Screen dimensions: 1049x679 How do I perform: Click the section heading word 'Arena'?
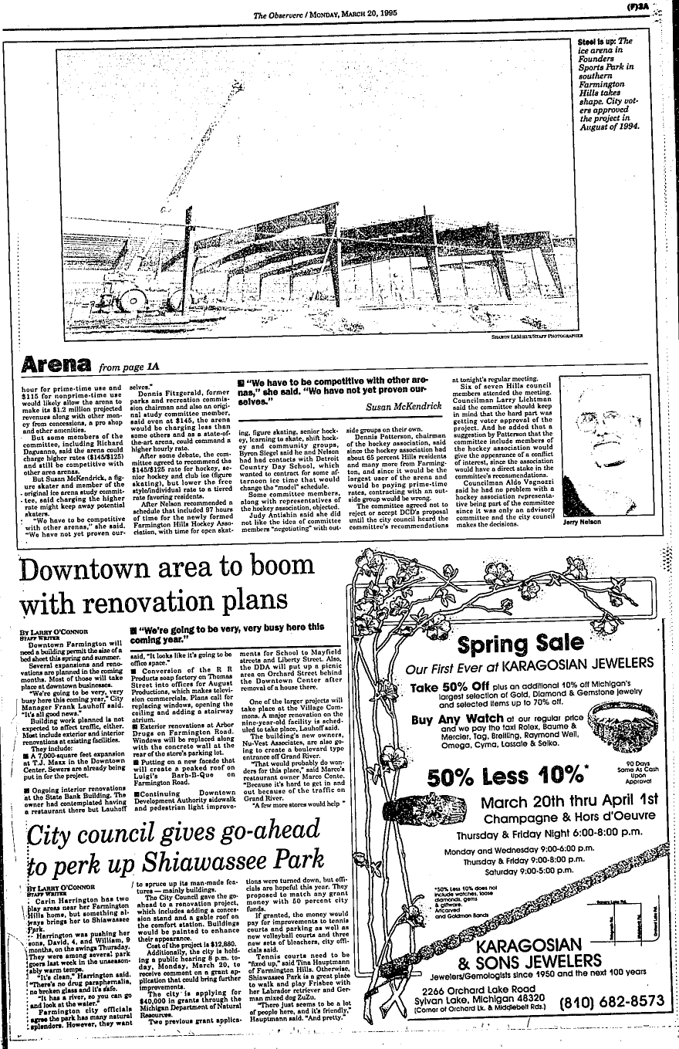point(57,364)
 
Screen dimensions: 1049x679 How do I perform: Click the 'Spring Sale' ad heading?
point(521,642)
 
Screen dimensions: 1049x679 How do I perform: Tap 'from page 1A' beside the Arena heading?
point(127,367)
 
